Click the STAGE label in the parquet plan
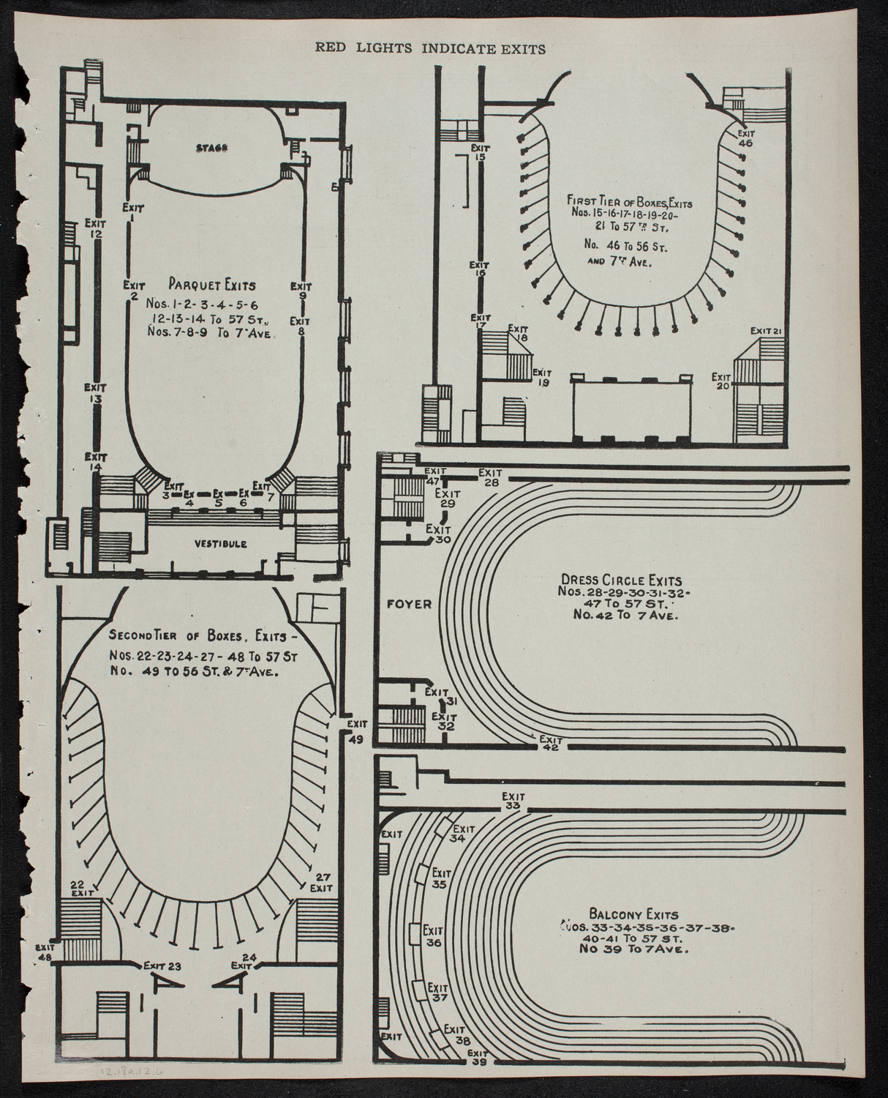click(212, 148)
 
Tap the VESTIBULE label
click(220, 543)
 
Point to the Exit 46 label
click(745, 138)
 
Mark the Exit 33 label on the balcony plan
click(513, 801)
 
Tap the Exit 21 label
click(767, 332)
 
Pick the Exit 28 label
click(490, 477)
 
